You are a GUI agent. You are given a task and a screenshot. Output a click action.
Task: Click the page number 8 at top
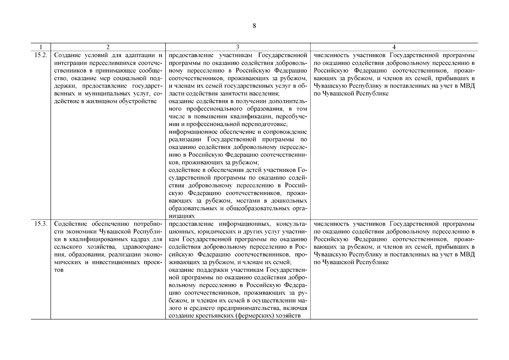click(x=254, y=26)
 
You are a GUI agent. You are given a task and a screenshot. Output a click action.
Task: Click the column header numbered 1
click(x=40, y=47)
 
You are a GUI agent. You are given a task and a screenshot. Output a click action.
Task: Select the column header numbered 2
click(x=108, y=47)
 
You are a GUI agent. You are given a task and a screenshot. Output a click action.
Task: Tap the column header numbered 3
click(x=238, y=47)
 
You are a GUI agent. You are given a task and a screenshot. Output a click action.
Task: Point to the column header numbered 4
click(x=394, y=47)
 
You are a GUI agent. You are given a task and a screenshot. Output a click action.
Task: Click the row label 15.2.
click(x=40, y=55)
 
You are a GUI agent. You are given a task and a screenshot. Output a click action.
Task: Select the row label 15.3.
click(x=40, y=224)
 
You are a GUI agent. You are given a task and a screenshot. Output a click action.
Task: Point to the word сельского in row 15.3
click(x=67, y=247)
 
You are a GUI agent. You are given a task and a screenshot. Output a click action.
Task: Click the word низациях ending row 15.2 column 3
click(x=182, y=216)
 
